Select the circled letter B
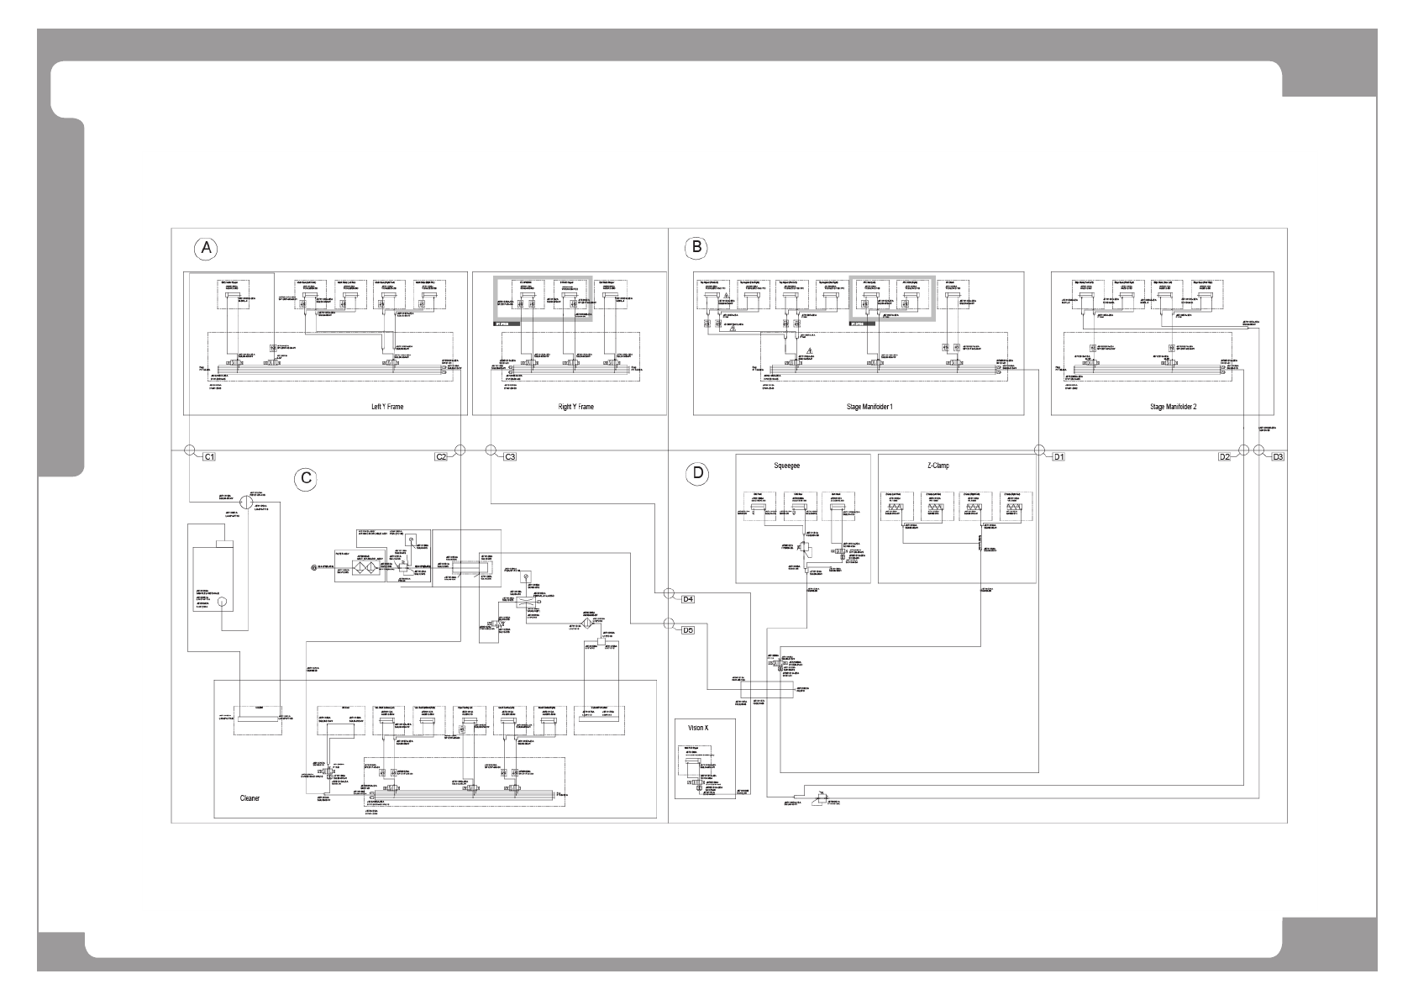point(696,247)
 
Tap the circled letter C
point(307,478)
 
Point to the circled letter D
point(696,473)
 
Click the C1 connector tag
point(210,457)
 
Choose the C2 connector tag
point(441,457)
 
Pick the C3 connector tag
point(510,457)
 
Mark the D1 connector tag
point(1059,457)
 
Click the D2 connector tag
point(1225,457)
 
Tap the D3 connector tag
point(1278,457)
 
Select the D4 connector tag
point(687,599)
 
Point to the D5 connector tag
point(687,629)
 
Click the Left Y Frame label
point(387,407)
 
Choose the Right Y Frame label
point(575,407)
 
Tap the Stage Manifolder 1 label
point(869,407)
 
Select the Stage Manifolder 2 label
point(1173,407)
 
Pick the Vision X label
point(698,727)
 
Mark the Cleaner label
point(250,798)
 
